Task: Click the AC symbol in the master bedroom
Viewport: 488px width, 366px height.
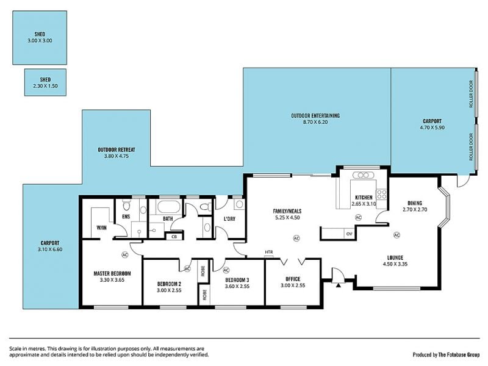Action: click(x=124, y=254)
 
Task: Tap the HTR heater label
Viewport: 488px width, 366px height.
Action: click(x=268, y=252)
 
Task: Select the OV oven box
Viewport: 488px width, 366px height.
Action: click(x=349, y=234)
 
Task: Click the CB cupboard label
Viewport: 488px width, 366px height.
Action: click(x=174, y=237)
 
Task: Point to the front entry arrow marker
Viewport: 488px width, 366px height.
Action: click(x=339, y=285)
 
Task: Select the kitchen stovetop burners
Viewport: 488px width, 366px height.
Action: click(x=382, y=195)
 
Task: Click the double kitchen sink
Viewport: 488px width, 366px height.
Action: click(x=363, y=175)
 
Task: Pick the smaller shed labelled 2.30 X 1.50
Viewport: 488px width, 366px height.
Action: click(x=45, y=82)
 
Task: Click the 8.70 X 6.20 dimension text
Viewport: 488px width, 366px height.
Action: click(x=315, y=122)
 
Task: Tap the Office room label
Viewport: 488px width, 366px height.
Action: click(x=293, y=279)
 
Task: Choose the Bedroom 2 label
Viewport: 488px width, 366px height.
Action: click(x=169, y=284)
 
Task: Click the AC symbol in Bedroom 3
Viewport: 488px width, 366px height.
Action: click(x=226, y=270)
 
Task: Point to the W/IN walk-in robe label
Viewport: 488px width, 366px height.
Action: click(x=101, y=228)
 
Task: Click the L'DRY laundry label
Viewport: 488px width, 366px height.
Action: click(x=230, y=219)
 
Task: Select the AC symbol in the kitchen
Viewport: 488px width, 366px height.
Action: click(x=358, y=217)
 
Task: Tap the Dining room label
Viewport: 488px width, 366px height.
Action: click(x=415, y=203)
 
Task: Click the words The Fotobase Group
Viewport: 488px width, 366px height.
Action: click(x=459, y=354)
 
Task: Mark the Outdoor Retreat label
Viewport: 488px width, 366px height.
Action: click(x=117, y=149)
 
